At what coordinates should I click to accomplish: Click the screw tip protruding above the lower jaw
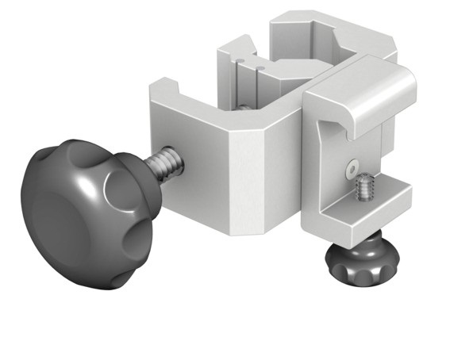pyautogui.click(x=365, y=188)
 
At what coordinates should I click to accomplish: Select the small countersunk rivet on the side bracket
pyautogui.click(x=349, y=167)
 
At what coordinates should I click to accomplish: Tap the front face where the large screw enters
pyautogui.click(x=190, y=159)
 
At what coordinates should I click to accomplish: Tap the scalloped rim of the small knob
pyautogui.click(x=357, y=274)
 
